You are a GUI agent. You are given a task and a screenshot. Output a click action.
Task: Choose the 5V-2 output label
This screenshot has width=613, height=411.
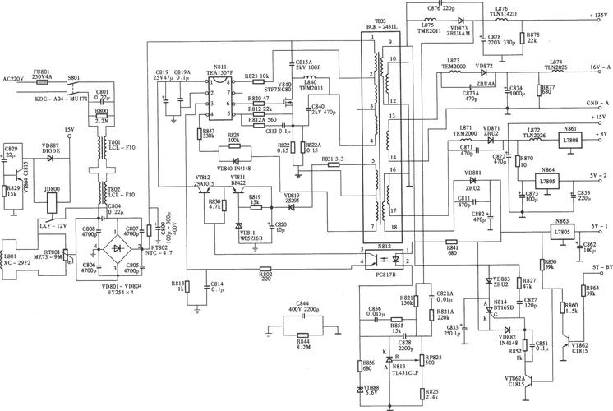[595, 175]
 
